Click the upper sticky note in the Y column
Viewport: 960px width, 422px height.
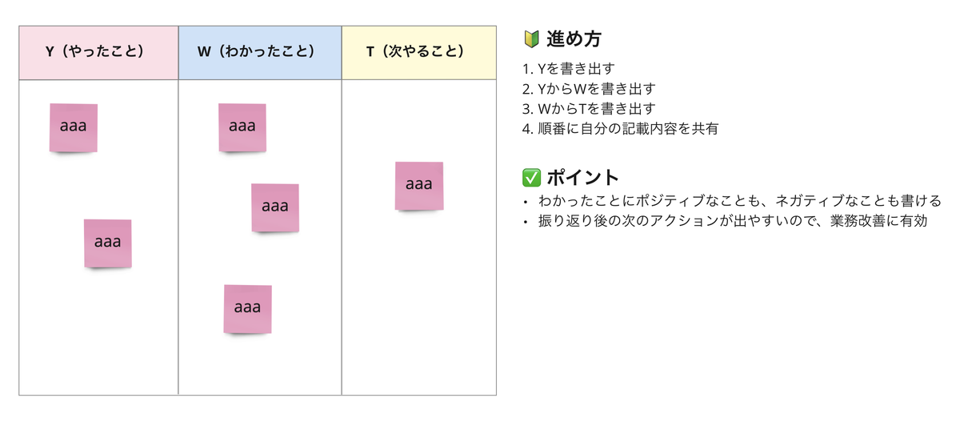click(x=73, y=127)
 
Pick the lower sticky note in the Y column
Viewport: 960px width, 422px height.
click(x=107, y=243)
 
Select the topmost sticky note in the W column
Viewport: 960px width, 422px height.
click(x=242, y=127)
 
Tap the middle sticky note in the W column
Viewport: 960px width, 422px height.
click(x=274, y=207)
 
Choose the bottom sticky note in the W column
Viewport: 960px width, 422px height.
click(x=247, y=308)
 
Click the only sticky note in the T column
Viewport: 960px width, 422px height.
click(x=418, y=186)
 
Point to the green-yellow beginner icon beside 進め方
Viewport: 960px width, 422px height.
click(x=530, y=38)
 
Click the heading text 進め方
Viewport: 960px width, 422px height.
click(x=574, y=38)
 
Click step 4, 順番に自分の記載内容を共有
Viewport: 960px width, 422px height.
click(x=620, y=129)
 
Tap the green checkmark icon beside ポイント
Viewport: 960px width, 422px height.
click(x=530, y=177)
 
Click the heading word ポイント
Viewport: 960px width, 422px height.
click(x=583, y=177)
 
